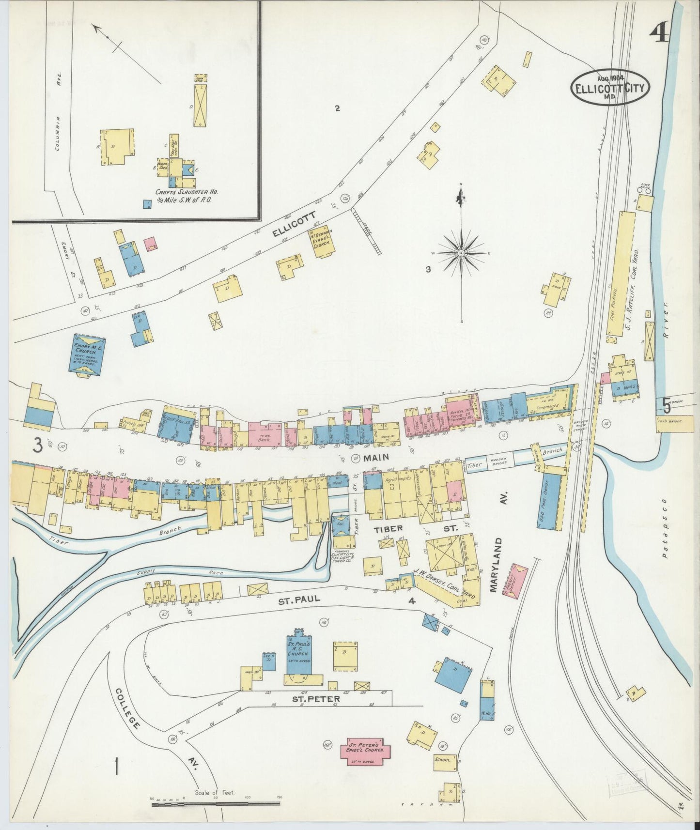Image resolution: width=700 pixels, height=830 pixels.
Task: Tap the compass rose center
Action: point(462,253)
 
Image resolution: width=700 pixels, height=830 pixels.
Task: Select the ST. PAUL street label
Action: point(299,599)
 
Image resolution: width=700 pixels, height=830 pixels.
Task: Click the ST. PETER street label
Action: point(315,699)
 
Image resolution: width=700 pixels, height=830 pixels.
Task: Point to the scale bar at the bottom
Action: point(216,804)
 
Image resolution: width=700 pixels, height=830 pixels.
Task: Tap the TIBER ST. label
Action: point(415,529)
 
